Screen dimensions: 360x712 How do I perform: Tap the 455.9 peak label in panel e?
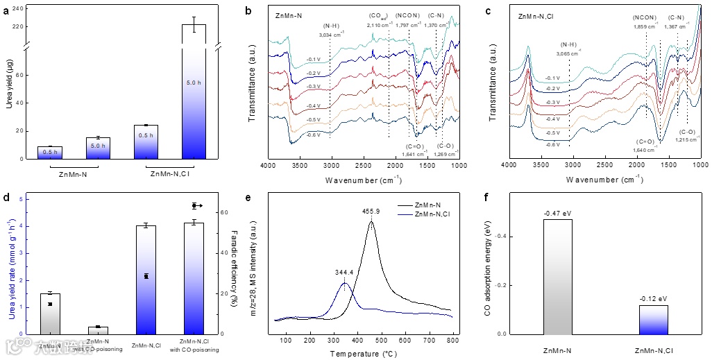pyautogui.click(x=372, y=210)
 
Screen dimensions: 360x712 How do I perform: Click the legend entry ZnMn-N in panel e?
pyautogui.click(x=427, y=206)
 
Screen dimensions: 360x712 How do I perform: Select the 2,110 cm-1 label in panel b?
pyautogui.click(x=380, y=25)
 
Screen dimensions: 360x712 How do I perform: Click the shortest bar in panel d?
pyautogui.click(x=97, y=330)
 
